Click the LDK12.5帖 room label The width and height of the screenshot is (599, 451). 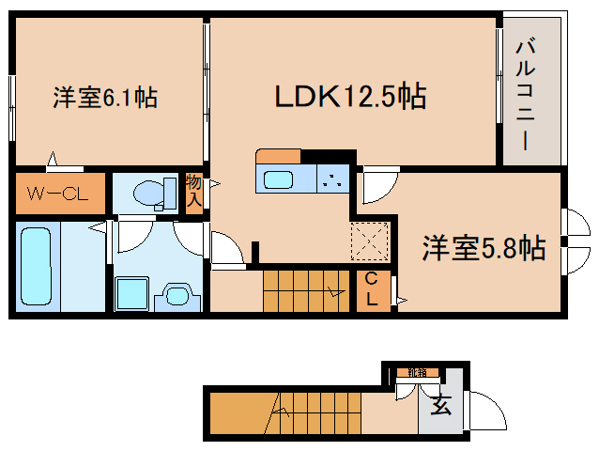(350, 96)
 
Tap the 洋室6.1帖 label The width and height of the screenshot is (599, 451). (103, 96)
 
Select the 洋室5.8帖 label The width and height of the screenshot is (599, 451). (483, 248)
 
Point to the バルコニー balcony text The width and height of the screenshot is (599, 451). (525, 93)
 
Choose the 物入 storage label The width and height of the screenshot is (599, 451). (193, 190)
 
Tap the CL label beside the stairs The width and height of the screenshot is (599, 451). (372, 290)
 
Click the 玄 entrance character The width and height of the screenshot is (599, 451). (438, 407)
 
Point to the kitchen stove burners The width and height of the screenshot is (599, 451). (332, 179)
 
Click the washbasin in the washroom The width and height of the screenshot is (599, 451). (178, 294)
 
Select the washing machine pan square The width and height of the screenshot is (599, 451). (131, 293)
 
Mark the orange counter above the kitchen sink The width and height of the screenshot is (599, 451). (278, 156)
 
